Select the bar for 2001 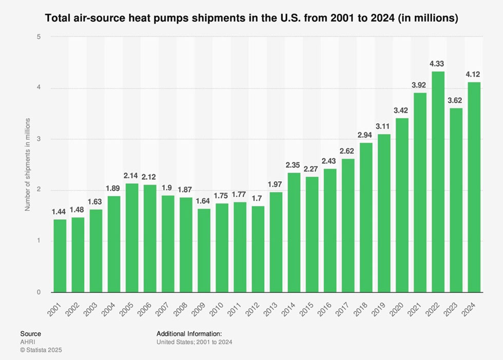coord(60,256)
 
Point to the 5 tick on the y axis coord(39,36)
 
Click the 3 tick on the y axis coord(39,139)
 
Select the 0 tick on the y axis coord(39,293)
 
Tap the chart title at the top coord(252,18)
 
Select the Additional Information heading coord(189,333)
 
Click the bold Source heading coord(30,333)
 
